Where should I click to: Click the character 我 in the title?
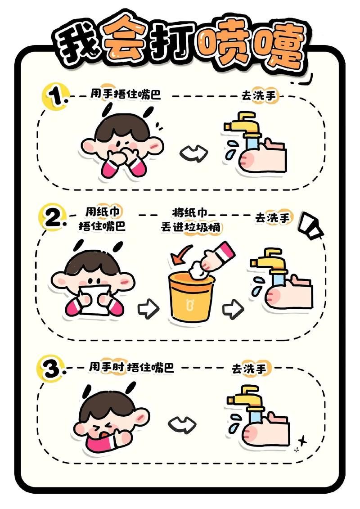(x=74, y=45)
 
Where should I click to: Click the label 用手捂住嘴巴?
(x=125, y=95)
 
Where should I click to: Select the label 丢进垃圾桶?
(x=191, y=227)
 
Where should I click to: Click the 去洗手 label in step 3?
(x=249, y=369)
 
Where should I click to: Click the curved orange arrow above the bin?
(x=180, y=257)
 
